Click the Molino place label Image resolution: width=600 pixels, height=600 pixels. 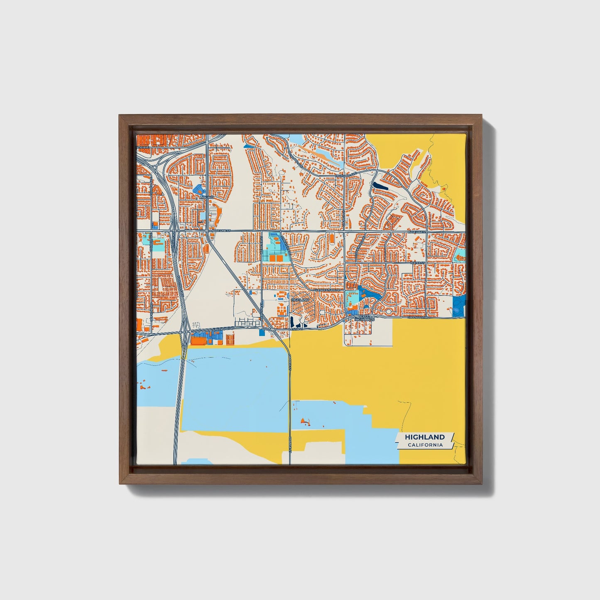(206, 198)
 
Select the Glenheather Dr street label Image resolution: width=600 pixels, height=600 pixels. (327, 290)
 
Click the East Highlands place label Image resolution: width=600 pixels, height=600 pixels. (367, 318)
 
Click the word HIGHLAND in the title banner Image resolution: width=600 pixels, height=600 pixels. (425, 437)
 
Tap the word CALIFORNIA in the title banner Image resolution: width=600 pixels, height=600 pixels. (425, 445)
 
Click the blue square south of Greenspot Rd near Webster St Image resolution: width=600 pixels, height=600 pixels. (261, 332)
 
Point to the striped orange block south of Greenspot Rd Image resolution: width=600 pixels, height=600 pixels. (230, 340)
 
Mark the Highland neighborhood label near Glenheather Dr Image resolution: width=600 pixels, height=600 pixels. (300, 299)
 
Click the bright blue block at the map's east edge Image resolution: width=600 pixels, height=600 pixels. (459, 306)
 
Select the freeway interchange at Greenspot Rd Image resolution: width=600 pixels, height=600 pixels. (185, 332)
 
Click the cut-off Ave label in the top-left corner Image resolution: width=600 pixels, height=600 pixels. (143, 147)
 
